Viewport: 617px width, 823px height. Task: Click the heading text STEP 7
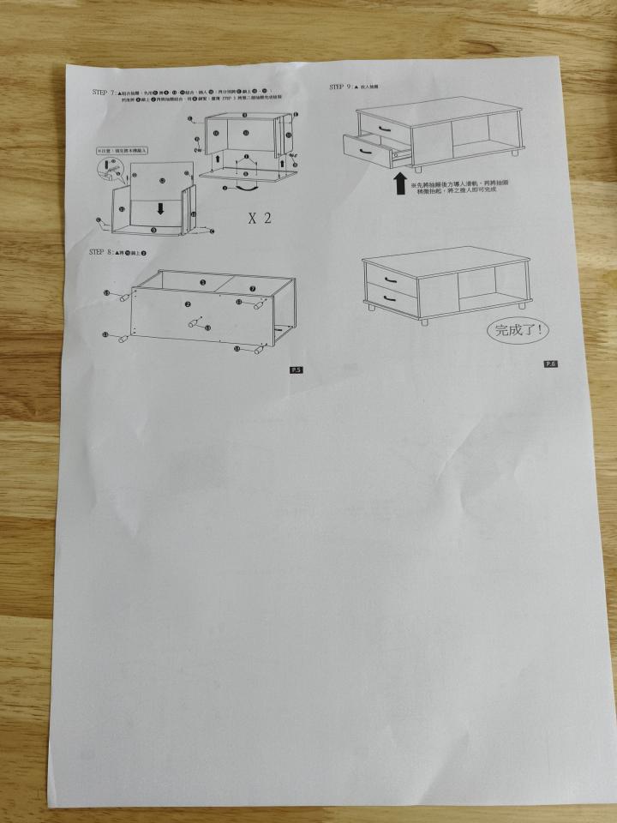(104, 91)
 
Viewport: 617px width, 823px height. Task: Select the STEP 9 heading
(342, 87)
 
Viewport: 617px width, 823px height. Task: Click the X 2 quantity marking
(259, 218)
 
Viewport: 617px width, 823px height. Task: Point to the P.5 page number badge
(297, 369)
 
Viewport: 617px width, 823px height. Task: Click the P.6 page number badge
(550, 363)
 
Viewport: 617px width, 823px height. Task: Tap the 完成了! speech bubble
(519, 328)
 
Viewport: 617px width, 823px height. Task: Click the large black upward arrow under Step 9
(400, 183)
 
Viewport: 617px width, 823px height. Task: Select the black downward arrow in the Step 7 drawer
(160, 207)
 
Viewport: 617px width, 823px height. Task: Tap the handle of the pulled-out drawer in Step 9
(366, 149)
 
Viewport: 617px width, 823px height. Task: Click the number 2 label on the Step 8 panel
(187, 304)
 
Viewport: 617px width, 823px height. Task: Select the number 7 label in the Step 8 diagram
(254, 289)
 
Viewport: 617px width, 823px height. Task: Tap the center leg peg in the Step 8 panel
(190, 322)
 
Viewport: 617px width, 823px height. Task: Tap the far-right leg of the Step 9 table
(515, 156)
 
